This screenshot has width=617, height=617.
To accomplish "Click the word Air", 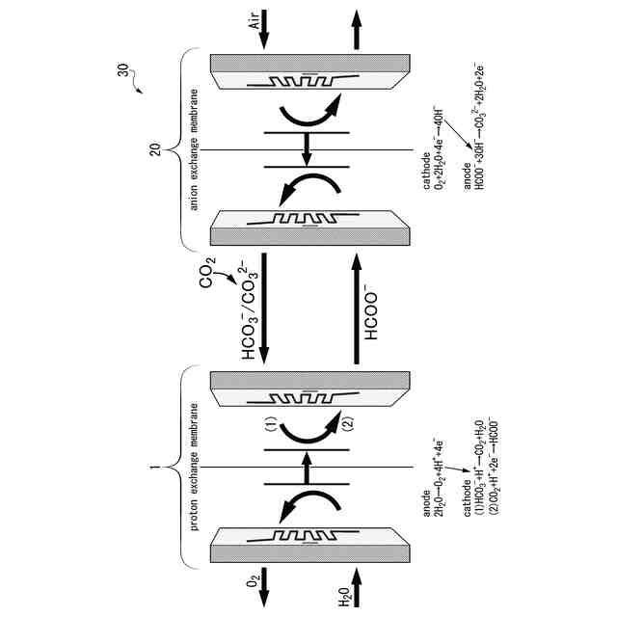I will [255, 20].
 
